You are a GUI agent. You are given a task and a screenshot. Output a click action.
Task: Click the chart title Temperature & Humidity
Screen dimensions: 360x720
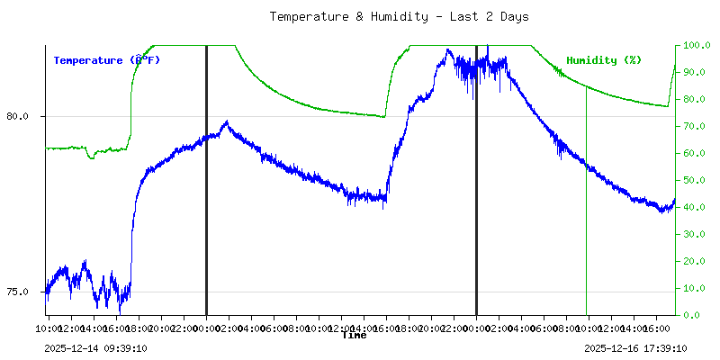[x=399, y=16]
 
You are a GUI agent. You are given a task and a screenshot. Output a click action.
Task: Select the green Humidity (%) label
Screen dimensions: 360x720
[x=604, y=60]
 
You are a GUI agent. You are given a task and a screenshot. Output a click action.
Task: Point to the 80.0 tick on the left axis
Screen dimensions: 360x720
[x=17, y=116]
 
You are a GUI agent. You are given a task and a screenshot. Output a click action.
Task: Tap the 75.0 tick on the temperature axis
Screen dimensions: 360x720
[x=17, y=292]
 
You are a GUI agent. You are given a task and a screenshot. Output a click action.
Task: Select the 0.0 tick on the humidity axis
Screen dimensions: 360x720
[x=693, y=315]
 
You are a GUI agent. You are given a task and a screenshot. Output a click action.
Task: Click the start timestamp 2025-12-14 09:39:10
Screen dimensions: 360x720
[x=95, y=348]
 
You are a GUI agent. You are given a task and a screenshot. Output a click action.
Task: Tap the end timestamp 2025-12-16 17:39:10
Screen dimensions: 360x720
[x=635, y=348]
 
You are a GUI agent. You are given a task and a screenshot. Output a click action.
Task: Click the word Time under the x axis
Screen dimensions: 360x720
[x=354, y=336]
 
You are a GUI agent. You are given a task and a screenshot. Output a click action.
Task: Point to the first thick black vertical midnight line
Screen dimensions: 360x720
[x=206, y=180]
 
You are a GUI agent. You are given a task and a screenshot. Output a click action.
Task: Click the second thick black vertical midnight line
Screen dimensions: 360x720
[x=476, y=180]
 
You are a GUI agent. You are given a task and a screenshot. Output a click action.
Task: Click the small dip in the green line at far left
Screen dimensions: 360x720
[x=91, y=157]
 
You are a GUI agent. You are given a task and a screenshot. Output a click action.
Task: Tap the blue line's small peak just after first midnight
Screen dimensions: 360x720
[x=226, y=121]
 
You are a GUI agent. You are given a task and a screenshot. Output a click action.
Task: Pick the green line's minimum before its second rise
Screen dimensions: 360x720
[x=384, y=117]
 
